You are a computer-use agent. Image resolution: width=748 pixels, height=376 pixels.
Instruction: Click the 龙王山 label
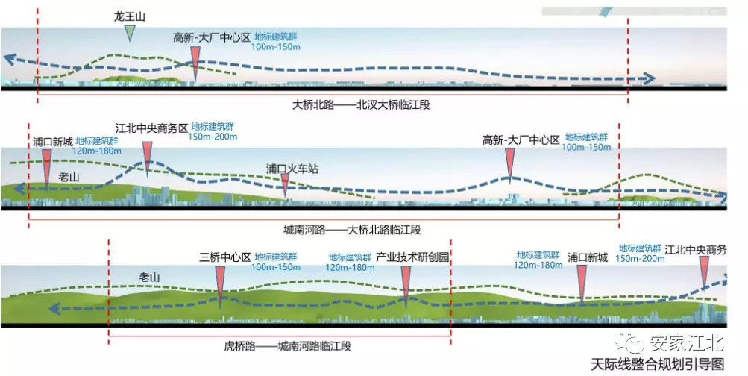(x=130, y=16)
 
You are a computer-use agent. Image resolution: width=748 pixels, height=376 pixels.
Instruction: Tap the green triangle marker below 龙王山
(x=131, y=32)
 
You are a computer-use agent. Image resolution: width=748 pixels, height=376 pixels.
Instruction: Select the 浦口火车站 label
(x=292, y=169)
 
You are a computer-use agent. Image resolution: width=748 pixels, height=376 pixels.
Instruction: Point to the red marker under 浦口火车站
(x=285, y=185)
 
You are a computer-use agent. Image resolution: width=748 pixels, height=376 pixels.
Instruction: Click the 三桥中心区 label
(x=224, y=257)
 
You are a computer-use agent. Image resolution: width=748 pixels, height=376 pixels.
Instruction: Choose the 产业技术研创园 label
(x=412, y=257)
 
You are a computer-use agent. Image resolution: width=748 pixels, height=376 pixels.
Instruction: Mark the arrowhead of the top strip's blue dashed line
(x=650, y=78)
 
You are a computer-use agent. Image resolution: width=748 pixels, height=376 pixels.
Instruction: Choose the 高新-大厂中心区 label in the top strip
(x=211, y=37)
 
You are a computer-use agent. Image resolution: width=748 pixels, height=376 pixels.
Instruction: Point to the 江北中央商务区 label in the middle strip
(x=151, y=128)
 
